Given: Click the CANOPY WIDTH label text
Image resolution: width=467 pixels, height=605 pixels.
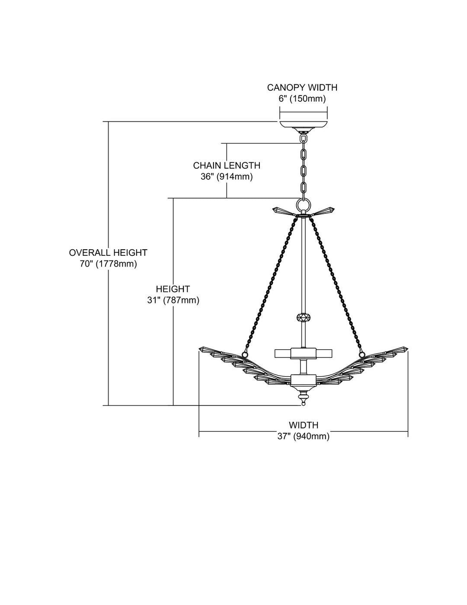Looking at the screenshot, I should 302,88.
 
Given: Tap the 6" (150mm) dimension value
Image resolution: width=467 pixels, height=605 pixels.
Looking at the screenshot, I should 302,99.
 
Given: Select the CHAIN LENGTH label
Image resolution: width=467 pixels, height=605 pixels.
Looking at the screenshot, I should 227,165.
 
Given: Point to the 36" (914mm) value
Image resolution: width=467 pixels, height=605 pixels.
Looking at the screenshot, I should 227,177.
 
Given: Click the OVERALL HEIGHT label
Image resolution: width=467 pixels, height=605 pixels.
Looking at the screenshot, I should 108,253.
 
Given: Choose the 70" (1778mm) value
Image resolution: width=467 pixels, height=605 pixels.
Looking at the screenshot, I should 108,264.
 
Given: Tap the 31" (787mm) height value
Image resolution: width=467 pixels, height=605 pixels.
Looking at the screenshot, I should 173,300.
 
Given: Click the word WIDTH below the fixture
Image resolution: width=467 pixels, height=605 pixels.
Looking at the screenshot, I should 304,425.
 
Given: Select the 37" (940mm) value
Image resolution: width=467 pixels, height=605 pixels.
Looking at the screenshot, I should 304,437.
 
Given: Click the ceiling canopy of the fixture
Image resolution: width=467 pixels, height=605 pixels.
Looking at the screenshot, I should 304,125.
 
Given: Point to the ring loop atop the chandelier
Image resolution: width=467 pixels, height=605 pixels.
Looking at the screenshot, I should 304,204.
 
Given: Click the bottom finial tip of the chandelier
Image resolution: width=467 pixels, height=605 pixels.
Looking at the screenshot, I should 304,403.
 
